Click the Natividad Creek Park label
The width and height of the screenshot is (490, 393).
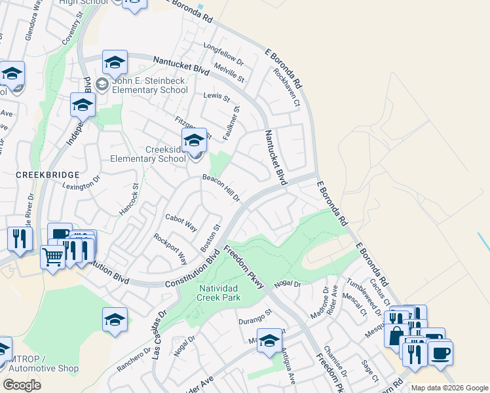(x=219, y=292)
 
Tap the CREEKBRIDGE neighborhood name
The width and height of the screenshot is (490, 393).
(x=47, y=175)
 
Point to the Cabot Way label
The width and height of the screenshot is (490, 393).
(x=181, y=223)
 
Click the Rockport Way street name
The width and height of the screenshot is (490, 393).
(x=170, y=246)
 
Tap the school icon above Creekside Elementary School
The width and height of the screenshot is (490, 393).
(x=194, y=140)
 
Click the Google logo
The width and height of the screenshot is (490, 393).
(x=22, y=385)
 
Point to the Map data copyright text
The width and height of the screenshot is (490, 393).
(x=449, y=388)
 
